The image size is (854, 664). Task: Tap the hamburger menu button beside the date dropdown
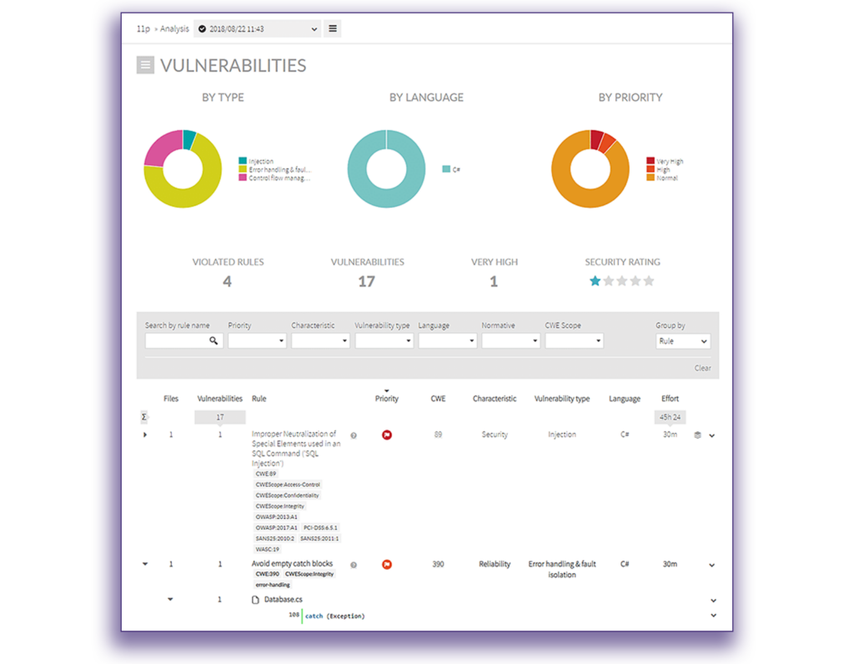pyautogui.click(x=332, y=29)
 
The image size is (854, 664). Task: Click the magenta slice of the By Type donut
pyautogui.click(x=160, y=148)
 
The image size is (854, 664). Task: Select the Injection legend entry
pyautogui.click(x=260, y=161)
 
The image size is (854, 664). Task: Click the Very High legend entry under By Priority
pyautogui.click(x=669, y=161)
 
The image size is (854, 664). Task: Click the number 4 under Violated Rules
pyautogui.click(x=227, y=282)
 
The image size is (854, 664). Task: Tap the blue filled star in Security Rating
pyautogui.click(x=595, y=281)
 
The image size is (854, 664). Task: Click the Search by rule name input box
pyautogui.click(x=177, y=340)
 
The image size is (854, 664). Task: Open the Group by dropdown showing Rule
pyautogui.click(x=682, y=340)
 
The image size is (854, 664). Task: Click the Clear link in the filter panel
pyautogui.click(x=702, y=368)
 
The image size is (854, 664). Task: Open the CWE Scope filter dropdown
pyautogui.click(x=574, y=340)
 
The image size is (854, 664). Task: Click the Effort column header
pyautogui.click(x=670, y=399)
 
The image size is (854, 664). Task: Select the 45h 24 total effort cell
pyautogui.click(x=670, y=417)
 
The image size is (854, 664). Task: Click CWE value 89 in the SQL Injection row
pyautogui.click(x=439, y=435)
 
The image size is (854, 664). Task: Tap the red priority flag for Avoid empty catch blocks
pyautogui.click(x=386, y=565)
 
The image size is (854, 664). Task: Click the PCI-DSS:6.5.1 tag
pyautogui.click(x=321, y=527)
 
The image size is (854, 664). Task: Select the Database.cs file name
pyautogui.click(x=283, y=600)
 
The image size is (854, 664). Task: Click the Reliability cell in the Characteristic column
pyautogui.click(x=495, y=564)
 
